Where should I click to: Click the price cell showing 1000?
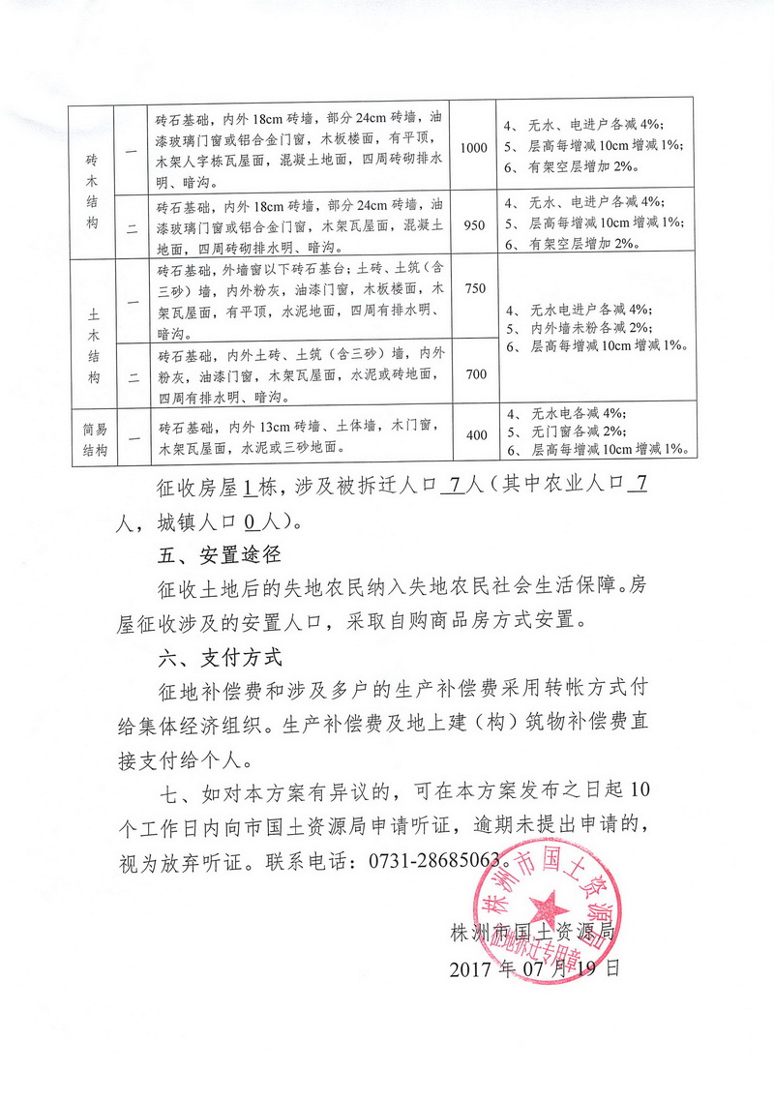click(474, 148)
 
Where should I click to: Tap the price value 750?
click(475, 289)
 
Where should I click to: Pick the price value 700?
click(475, 373)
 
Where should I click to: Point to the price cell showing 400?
click(476, 435)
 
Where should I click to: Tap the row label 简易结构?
click(93, 435)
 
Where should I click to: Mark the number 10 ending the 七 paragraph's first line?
click(640, 793)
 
